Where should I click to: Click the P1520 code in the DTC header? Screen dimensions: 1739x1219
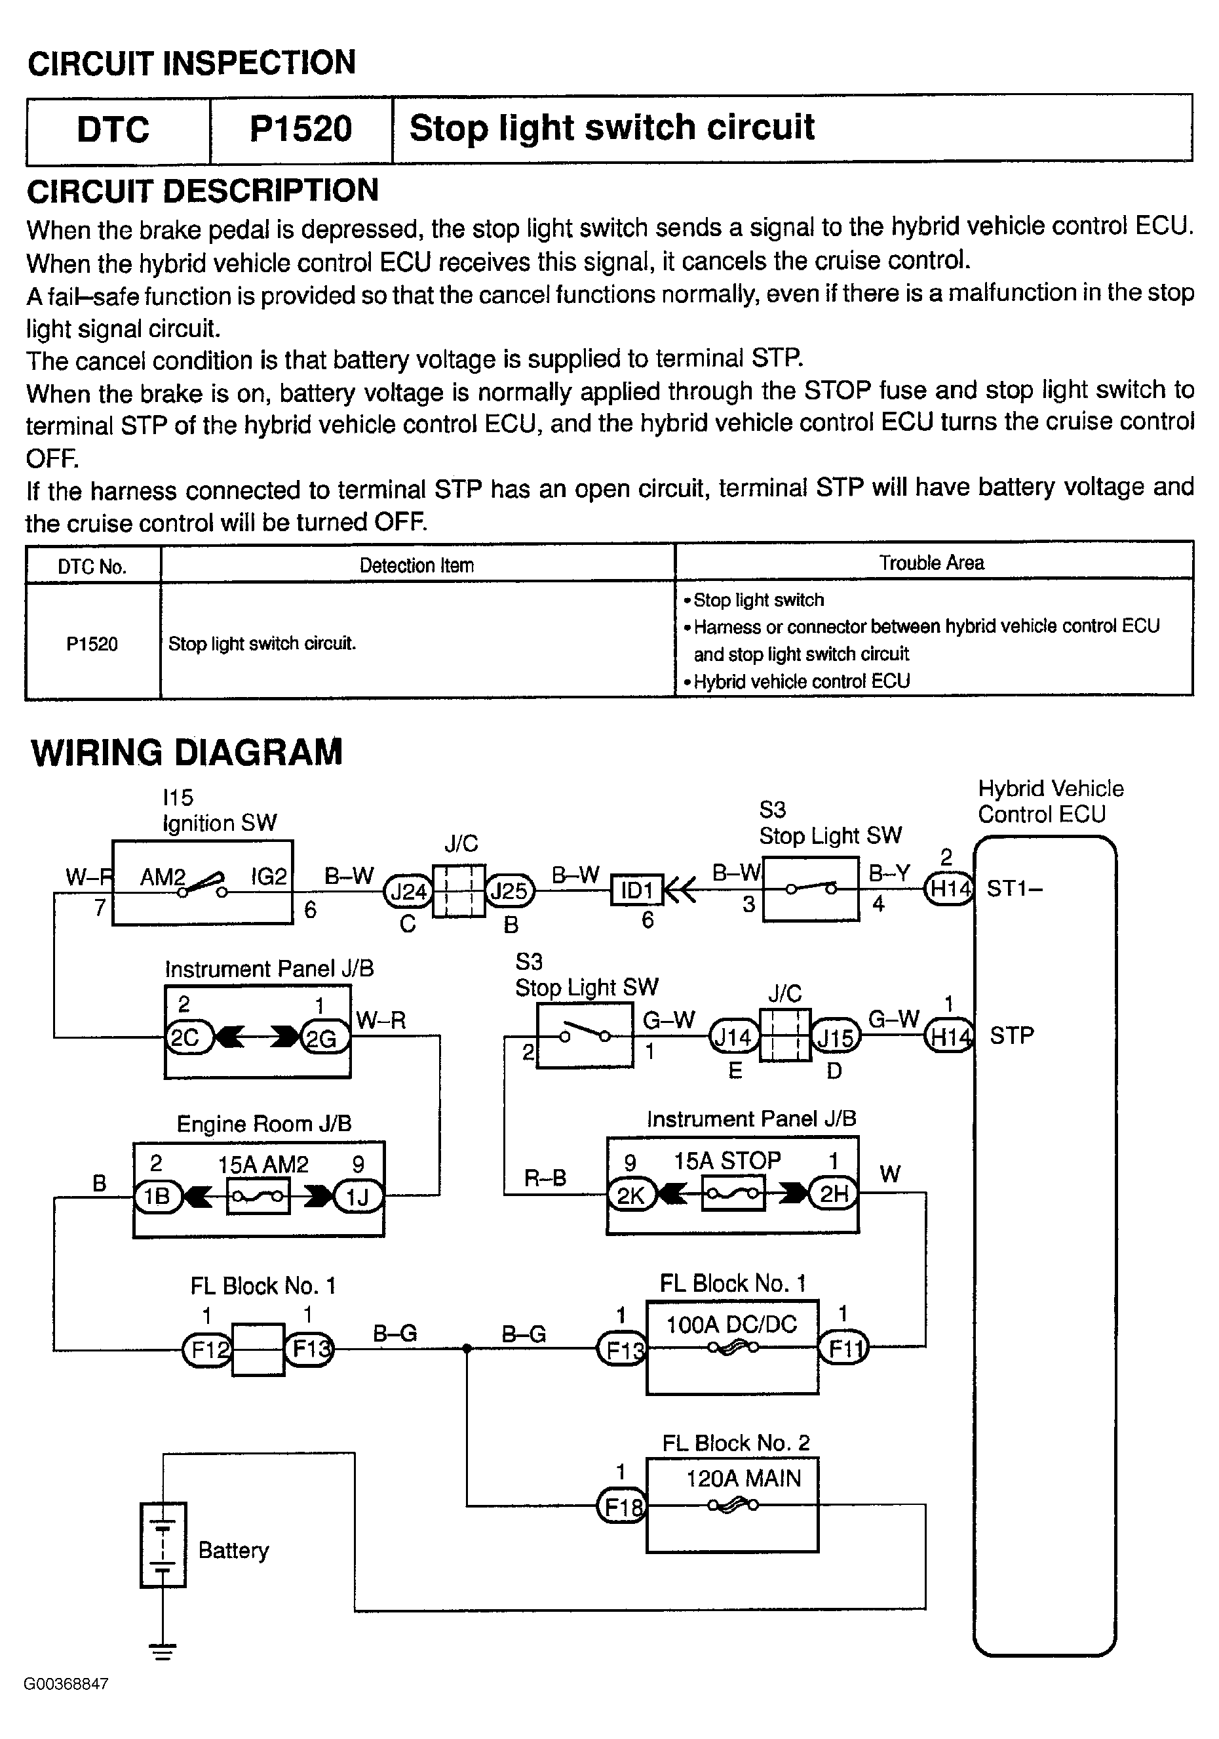(x=301, y=129)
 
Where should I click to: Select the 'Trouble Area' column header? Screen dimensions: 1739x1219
(x=931, y=563)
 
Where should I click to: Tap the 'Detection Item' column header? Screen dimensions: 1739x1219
(x=416, y=565)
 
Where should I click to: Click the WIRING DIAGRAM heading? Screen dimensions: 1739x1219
(x=186, y=752)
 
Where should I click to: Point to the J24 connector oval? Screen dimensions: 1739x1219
(x=408, y=890)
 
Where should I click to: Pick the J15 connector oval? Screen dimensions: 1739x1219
(x=835, y=1037)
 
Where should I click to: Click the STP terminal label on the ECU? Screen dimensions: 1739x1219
(x=1011, y=1035)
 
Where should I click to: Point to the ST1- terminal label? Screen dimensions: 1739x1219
(x=1015, y=888)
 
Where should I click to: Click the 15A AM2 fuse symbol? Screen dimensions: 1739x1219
(x=258, y=1196)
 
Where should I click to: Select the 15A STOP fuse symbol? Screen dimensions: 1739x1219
(x=733, y=1195)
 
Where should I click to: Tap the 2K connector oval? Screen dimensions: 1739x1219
(x=630, y=1195)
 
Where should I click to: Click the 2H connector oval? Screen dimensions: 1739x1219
(x=834, y=1193)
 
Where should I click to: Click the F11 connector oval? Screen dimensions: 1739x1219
(x=843, y=1348)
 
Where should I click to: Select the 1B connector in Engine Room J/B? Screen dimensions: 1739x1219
(x=157, y=1196)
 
